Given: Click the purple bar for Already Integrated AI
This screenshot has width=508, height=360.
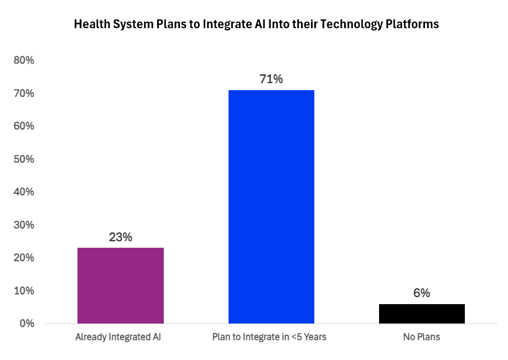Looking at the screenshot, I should click(x=121, y=285).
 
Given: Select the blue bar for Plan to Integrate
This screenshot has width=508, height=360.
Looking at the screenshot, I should click(x=271, y=206).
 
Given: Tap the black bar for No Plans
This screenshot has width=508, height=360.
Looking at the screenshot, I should click(x=422, y=314).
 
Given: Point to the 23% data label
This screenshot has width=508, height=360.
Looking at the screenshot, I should click(x=121, y=237).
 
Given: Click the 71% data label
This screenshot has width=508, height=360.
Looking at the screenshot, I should click(x=271, y=79).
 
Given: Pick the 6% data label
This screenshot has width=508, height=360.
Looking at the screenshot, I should click(x=422, y=293).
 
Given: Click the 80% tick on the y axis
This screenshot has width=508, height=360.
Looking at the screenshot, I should click(x=24, y=60).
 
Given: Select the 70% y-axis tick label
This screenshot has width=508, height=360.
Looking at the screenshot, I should click(x=24, y=93).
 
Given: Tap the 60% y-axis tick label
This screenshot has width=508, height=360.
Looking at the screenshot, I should click(x=24, y=126).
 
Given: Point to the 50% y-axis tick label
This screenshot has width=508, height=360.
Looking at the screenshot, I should click(x=24, y=159).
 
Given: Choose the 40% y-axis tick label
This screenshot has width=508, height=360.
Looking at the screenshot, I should click(x=24, y=192).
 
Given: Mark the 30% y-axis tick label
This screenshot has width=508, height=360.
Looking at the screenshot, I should click(x=24, y=225).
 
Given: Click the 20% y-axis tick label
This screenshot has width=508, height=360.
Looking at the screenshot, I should click(x=24, y=258).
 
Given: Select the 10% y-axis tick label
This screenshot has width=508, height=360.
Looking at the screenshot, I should click(x=24, y=291).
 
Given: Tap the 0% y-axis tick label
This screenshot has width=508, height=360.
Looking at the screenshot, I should click(x=26, y=324).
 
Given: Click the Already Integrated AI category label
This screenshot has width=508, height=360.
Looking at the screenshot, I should click(x=121, y=337).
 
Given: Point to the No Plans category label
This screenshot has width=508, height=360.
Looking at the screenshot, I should click(x=422, y=337).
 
